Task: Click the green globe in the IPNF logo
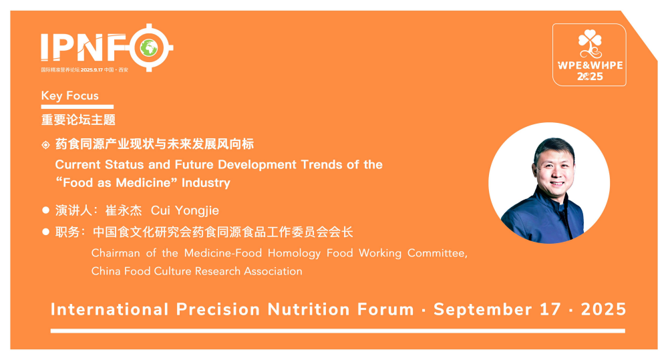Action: tap(149, 47)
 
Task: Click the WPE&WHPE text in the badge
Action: tap(590, 65)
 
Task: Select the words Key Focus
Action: tap(70, 96)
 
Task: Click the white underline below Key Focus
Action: tap(77, 106)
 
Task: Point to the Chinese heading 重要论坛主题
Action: tap(78, 120)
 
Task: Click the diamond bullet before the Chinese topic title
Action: tap(45, 145)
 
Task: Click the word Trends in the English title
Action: tap(322, 164)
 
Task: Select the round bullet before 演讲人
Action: tap(45, 210)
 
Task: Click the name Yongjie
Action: tap(197, 210)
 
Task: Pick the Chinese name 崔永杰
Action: tap(124, 210)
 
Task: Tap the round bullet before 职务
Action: tap(45, 232)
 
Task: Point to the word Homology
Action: tap(294, 254)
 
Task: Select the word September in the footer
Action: tap(483, 310)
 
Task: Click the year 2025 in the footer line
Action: tap(603, 309)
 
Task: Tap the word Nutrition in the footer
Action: tap(309, 309)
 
